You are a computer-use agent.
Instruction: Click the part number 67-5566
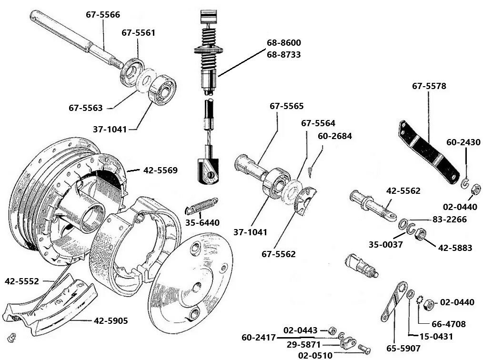point(102,14)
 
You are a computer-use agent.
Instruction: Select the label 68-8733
point(283,55)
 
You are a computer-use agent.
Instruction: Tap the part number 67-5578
point(429,86)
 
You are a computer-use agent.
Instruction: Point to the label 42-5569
point(160,170)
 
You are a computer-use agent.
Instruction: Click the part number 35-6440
point(202,222)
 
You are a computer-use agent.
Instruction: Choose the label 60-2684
point(335,136)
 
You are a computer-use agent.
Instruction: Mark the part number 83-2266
point(450,220)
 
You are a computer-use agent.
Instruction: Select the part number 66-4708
point(448,324)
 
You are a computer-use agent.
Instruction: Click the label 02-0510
point(315,355)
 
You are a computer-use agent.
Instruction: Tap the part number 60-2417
point(259,338)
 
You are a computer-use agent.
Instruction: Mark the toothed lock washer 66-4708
point(420,301)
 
